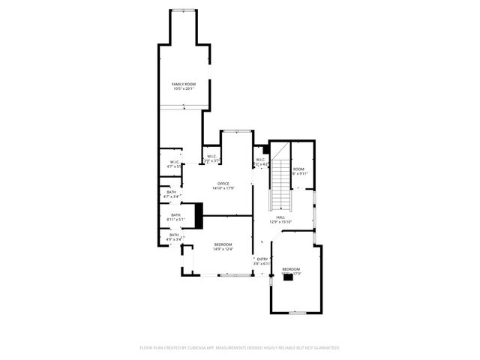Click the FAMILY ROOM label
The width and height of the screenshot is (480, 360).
click(183, 84)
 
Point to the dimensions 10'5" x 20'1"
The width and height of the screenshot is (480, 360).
click(183, 89)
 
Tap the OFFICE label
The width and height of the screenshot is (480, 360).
click(223, 183)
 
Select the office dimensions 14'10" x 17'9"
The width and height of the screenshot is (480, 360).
click(223, 188)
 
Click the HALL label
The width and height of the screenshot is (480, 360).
click(280, 217)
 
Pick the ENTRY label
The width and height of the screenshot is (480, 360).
click(261, 259)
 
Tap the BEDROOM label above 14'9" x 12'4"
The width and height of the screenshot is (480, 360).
click(223, 244)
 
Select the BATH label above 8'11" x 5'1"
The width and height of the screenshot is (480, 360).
click(175, 214)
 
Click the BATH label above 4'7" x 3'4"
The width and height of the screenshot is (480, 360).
click(172, 192)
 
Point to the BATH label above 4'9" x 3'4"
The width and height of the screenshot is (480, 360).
click(174, 235)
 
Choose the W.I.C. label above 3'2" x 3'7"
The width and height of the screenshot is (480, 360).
click(212, 156)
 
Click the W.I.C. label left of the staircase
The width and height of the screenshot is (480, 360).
click(260, 159)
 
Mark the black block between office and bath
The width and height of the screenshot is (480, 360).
click(199, 215)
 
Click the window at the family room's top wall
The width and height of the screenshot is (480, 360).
click(184, 10)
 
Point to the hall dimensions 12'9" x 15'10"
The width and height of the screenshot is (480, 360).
click(280, 222)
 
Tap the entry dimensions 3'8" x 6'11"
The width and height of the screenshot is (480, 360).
click(261, 264)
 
